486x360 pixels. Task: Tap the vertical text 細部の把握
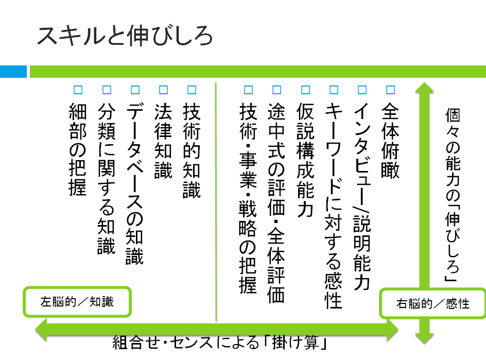77,149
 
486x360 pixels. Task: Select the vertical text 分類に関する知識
106,178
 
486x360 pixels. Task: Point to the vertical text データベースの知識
135,183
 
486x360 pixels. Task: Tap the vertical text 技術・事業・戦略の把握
248,198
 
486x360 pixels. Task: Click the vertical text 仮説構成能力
305,160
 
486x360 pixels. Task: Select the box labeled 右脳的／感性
432,303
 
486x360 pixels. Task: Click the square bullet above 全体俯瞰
390,90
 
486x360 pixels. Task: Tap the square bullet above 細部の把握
78,90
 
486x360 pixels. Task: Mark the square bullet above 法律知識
163,90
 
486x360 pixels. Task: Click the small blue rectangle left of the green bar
13,72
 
